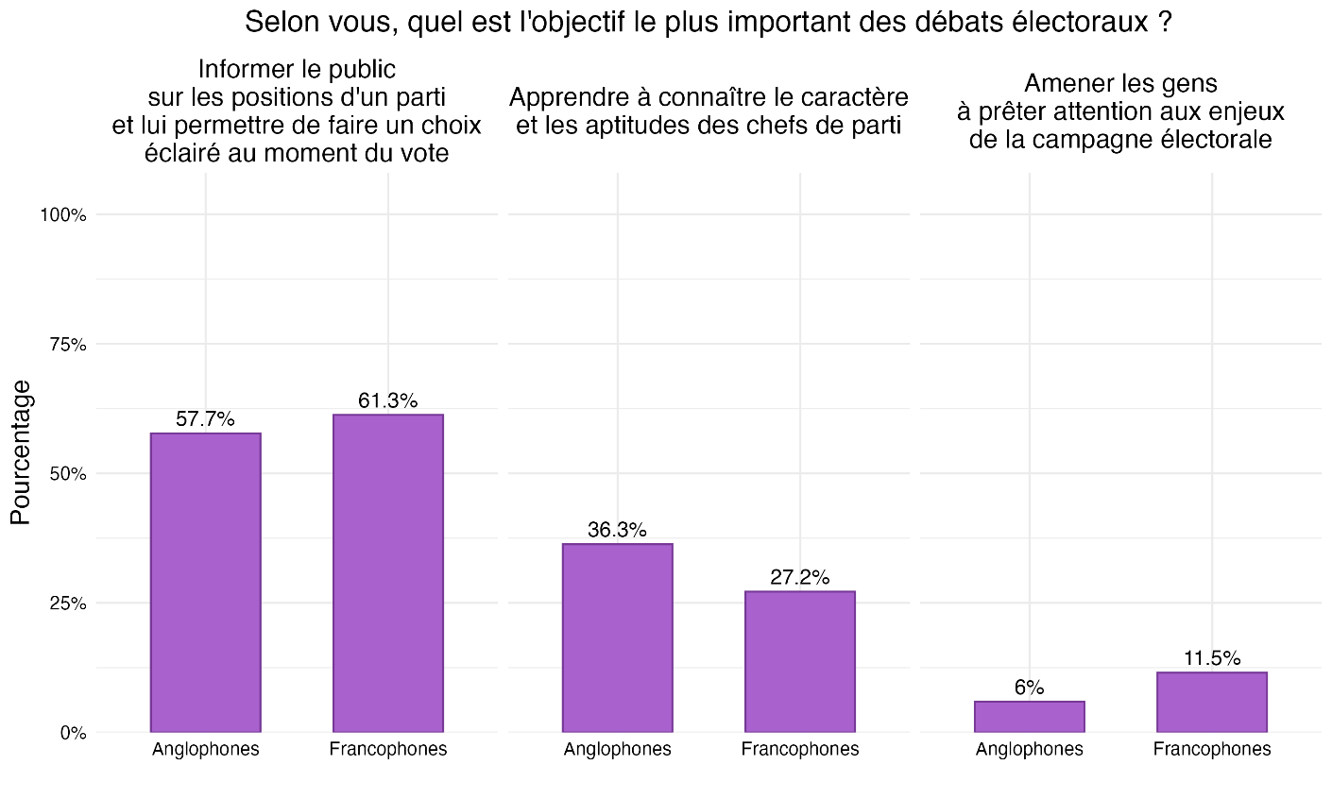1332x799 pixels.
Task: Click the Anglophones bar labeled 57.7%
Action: tap(206, 582)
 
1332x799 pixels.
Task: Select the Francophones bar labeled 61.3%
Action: tap(388, 572)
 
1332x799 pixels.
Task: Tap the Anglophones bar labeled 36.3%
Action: tap(618, 637)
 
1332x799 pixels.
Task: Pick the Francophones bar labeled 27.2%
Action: tap(800, 661)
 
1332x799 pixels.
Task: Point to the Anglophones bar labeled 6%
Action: tap(1030, 716)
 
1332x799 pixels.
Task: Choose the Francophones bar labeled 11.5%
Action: tap(1212, 702)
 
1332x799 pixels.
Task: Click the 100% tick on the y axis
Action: tap(63, 215)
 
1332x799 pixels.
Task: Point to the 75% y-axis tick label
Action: tap(67, 345)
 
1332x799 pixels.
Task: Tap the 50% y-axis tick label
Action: tap(67, 474)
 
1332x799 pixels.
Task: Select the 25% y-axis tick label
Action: tap(67, 603)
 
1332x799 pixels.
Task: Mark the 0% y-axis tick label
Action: tap(72, 733)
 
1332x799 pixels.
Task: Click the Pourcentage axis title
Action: tap(21, 451)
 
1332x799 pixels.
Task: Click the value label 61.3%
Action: tap(387, 400)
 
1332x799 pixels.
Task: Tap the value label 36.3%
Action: tap(617, 530)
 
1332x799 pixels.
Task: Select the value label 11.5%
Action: tap(1212, 658)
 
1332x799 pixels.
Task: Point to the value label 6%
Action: tap(1030, 688)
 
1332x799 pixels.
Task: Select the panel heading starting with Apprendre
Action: tap(709, 110)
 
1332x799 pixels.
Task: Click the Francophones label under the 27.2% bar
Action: tap(800, 750)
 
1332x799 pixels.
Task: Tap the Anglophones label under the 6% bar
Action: tap(1030, 750)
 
